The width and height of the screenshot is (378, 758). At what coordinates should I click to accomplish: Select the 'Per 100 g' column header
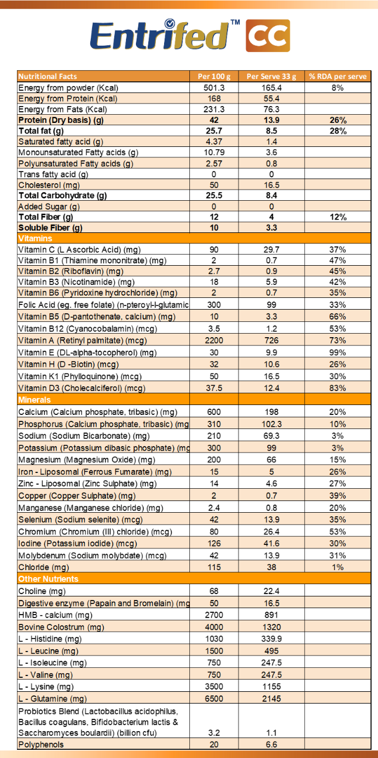click(213, 77)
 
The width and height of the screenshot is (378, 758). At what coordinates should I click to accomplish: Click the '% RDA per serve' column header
click(338, 77)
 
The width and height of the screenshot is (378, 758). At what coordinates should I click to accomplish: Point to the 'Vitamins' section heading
click(35, 238)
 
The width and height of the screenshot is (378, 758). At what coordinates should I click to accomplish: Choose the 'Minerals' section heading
click(35, 400)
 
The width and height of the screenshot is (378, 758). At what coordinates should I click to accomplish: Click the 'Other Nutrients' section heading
click(48, 579)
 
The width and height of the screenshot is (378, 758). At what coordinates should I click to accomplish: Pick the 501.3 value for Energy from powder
click(213, 88)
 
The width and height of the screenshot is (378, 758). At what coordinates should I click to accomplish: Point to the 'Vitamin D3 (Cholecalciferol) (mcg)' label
click(81, 388)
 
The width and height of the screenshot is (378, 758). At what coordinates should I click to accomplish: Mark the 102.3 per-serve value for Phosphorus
click(271, 424)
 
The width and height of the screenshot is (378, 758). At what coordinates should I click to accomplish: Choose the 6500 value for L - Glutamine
click(213, 698)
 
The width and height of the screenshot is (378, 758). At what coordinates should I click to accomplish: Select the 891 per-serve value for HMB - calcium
click(271, 615)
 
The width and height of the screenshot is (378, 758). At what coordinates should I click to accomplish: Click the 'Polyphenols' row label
click(41, 745)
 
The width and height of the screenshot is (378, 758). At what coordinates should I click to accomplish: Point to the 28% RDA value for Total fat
click(338, 131)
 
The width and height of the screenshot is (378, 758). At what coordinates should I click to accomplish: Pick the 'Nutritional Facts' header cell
click(47, 77)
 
